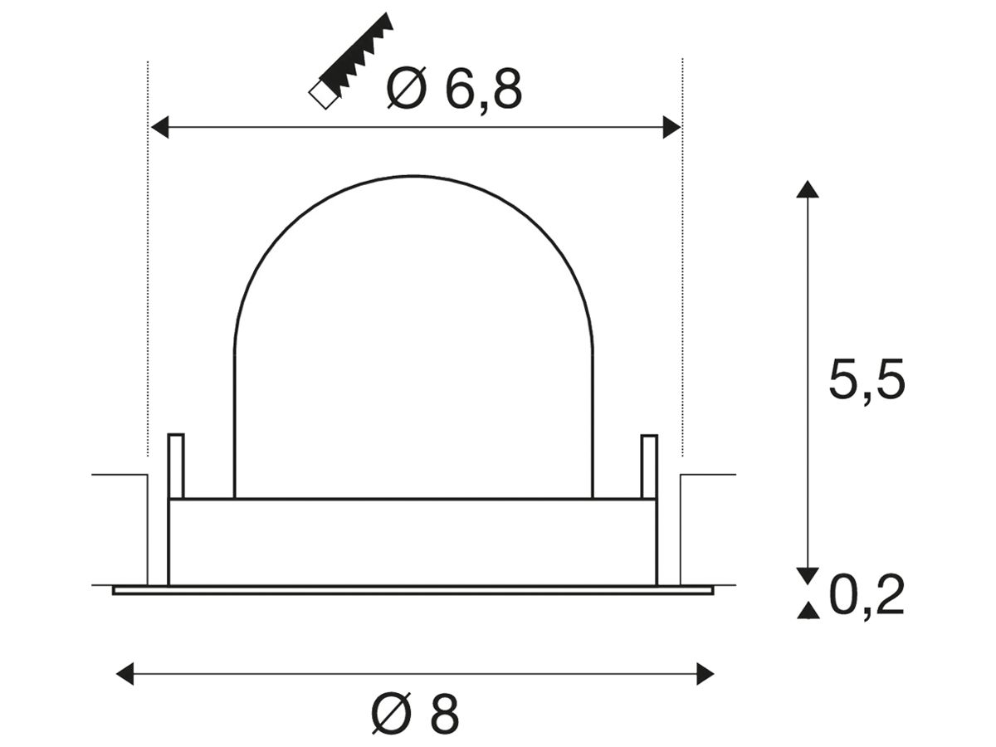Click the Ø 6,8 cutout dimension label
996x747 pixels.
point(454,89)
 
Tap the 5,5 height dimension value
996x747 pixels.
point(867,379)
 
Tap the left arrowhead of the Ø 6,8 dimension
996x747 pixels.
point(159,127)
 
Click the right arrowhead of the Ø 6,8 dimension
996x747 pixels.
point(671,127)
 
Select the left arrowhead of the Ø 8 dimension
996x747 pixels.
point(125,673)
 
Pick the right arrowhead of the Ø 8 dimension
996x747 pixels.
point(705,673)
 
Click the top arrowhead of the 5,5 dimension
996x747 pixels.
point(808,189)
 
